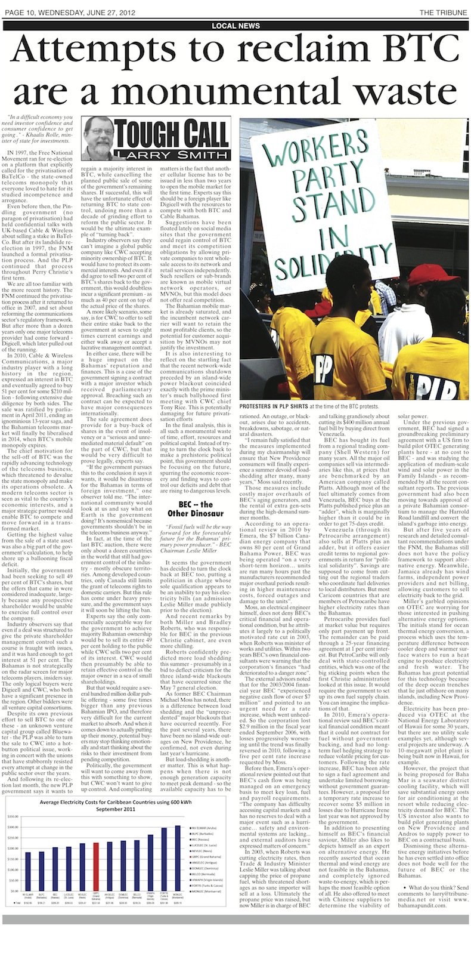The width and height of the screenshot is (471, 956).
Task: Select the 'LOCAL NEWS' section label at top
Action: coord(235,26)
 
